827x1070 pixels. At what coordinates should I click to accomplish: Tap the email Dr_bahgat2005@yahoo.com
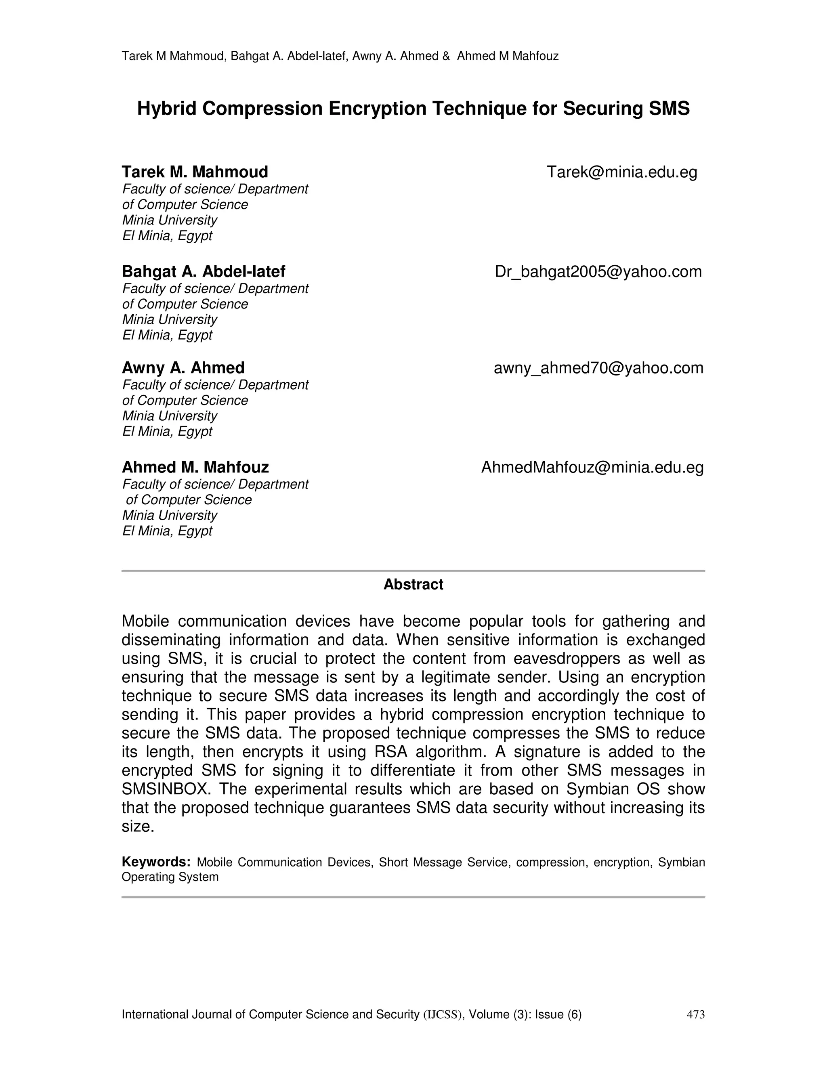pos(598,271)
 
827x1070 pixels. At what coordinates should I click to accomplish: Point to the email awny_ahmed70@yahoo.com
pos(598,368)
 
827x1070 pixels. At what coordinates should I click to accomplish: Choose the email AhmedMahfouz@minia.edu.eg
pos(592,468)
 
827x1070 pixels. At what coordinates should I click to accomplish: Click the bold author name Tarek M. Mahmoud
pos(195,172)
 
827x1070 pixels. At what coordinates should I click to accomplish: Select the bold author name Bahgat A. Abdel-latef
pos(204,271)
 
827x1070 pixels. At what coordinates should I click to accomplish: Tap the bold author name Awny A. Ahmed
pos(183,368)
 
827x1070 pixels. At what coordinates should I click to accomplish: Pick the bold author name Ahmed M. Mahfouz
pos(195,468)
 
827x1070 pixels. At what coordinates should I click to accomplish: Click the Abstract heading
pos(413,585)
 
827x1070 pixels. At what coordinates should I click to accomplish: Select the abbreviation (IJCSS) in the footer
pos(443,1014)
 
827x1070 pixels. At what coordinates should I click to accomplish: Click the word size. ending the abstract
pos(138,827)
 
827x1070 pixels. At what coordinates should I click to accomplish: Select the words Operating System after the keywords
pos(170,877)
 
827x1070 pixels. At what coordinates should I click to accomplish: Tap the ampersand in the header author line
pos(446,57)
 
